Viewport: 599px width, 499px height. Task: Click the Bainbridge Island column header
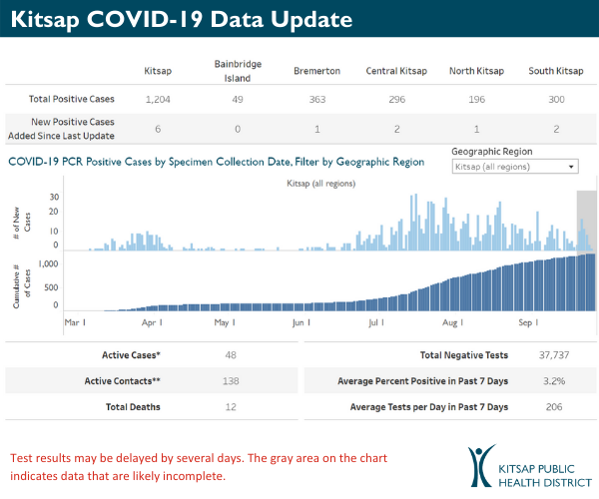(x=238, y=70)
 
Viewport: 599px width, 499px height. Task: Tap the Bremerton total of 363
(x=316, y=100)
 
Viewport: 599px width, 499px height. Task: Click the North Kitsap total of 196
(x=475, y=100)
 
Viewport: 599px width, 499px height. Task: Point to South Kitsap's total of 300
(x=555, y=100)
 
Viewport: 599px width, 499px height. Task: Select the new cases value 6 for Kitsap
(x=158, y=130)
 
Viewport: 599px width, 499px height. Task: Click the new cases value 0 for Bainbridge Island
(x=238, y=130)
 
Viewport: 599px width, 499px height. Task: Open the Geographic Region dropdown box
(x=514, y=167)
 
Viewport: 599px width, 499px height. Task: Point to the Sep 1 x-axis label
(x=529, y=323)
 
